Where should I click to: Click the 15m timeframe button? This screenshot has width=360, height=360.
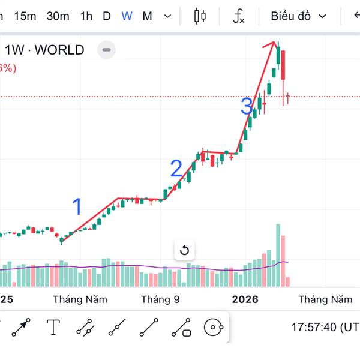click(x=25, y=16)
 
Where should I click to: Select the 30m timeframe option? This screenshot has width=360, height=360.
click(x=58, y=16)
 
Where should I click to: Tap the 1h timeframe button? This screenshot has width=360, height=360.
click(x=86, y=16)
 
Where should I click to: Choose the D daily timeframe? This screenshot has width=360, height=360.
click(x=107, y=16)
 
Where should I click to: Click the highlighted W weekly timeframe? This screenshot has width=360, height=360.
click(x=127, y=16)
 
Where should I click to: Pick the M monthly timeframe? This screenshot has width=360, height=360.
click(x=147, y=16)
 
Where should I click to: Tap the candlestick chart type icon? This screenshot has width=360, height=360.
click(x=200, y=16)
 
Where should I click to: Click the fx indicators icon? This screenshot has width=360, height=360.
click(x=239, y=16)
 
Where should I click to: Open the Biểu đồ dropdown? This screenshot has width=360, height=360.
click(x=298, y=16)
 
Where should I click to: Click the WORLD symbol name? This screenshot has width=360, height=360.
click(x=59, y=50)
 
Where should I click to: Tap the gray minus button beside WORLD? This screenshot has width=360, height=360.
click(x=106, y=50)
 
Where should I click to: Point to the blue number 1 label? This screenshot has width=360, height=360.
click(x=77, y=207)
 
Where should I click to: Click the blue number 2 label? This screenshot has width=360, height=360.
click(x=176, y=169)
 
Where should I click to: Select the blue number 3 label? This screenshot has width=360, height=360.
click(x=246, y=107)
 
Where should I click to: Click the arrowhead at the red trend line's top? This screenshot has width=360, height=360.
click(x=274, y=44)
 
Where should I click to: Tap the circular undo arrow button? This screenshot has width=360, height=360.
click(x=185, y=251)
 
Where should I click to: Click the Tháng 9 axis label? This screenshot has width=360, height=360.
click(x=160, y=299)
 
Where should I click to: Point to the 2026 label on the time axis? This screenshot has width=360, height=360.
click(x=245, y=299)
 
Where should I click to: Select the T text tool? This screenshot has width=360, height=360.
click(x=54, y=328)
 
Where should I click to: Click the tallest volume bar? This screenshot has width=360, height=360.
click(x=278, y=255)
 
